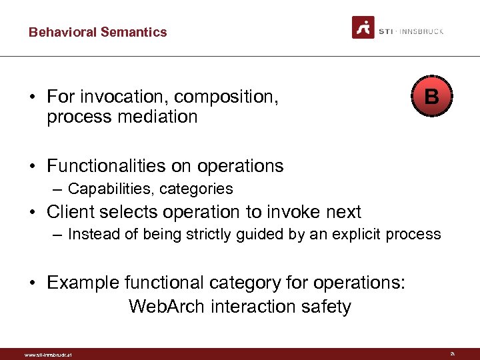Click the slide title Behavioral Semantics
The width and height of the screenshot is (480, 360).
click(97, 32)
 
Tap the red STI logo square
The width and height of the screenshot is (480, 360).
click(363, 27)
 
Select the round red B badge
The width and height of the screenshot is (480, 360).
click(431, 97)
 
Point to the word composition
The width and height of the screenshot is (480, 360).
click(227, 97)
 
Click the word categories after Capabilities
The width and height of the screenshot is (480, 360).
click(196, 189)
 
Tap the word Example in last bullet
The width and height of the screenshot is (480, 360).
click(83, 283)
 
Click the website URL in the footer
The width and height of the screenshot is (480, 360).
click(48, 355)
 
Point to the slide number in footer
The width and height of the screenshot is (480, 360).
click(452, 353)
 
